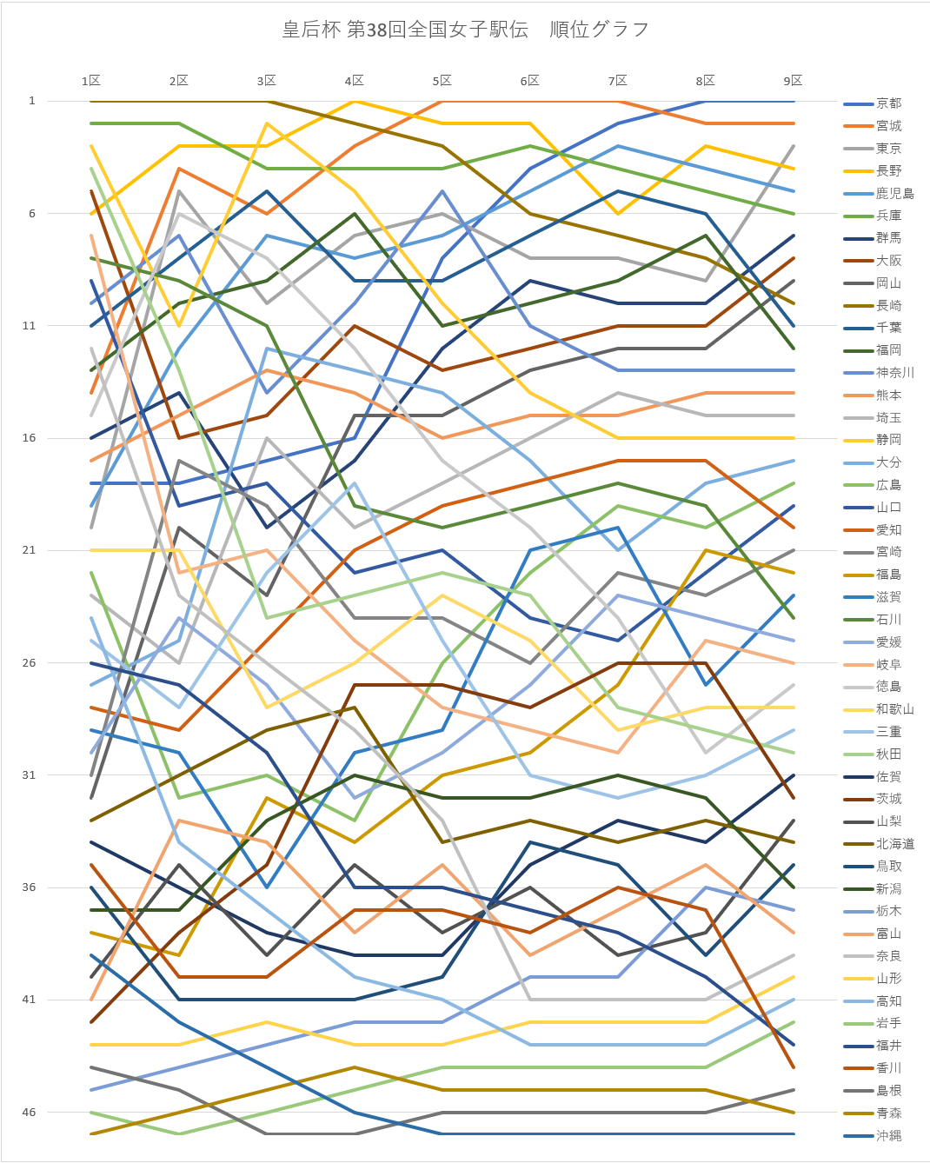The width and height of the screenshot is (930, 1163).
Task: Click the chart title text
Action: [465, 30]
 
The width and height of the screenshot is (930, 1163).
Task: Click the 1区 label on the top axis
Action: [91, 81]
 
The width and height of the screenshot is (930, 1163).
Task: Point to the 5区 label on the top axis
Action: [442, 81]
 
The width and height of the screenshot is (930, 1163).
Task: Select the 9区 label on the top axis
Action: [793, 81]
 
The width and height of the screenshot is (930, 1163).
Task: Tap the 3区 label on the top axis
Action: [266, 81]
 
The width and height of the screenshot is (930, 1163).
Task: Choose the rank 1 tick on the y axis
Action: [32, 101]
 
